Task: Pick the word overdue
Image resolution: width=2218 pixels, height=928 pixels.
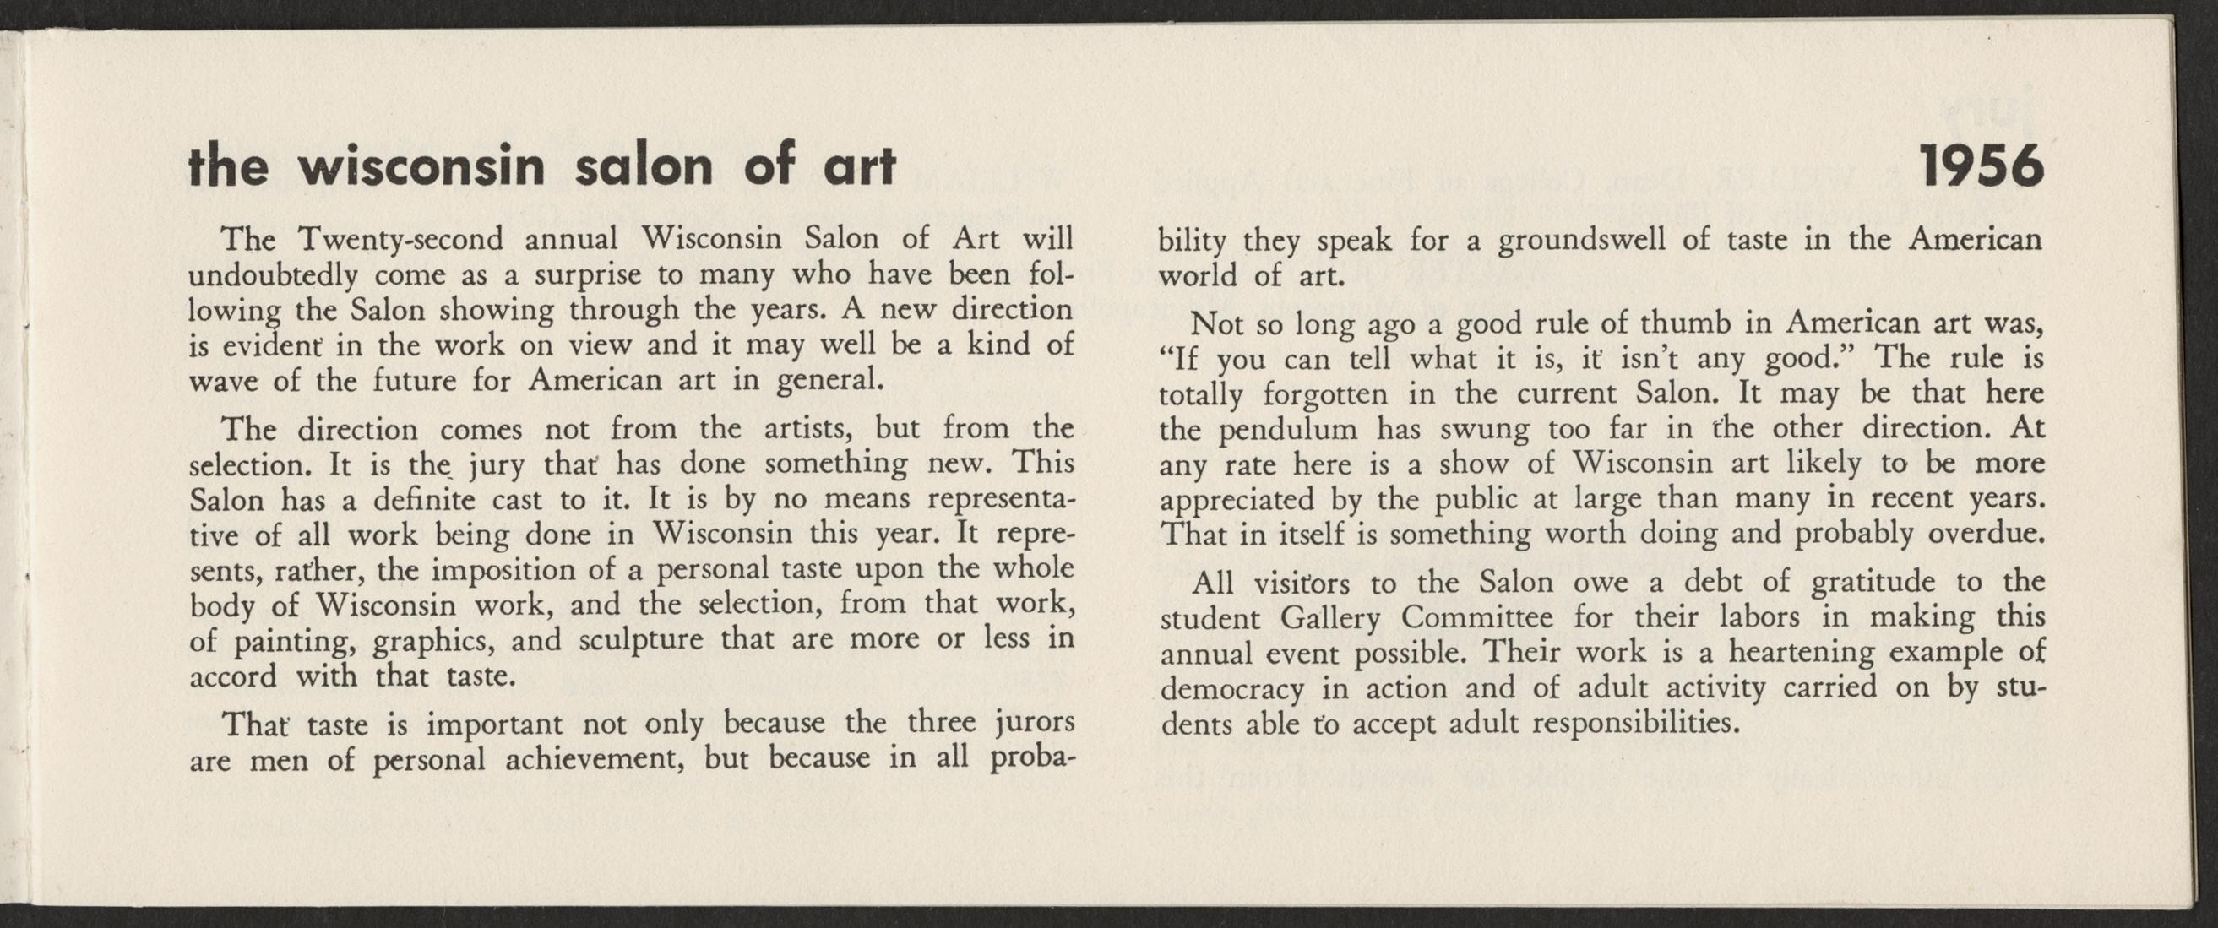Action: tap(1985, 534)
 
